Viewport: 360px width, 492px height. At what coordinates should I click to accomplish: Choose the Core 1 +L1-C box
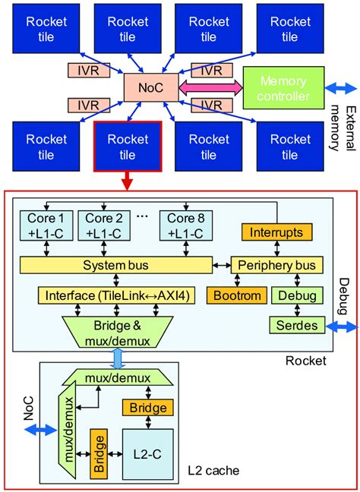[46, 223]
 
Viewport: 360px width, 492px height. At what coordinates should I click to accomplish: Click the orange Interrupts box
[276, 232]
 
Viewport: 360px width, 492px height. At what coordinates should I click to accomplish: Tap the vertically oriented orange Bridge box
[97, 453]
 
